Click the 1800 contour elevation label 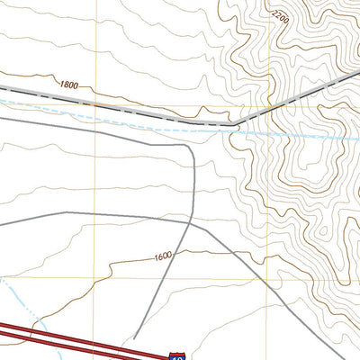68,84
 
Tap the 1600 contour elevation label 163,256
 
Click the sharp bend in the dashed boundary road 236,122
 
